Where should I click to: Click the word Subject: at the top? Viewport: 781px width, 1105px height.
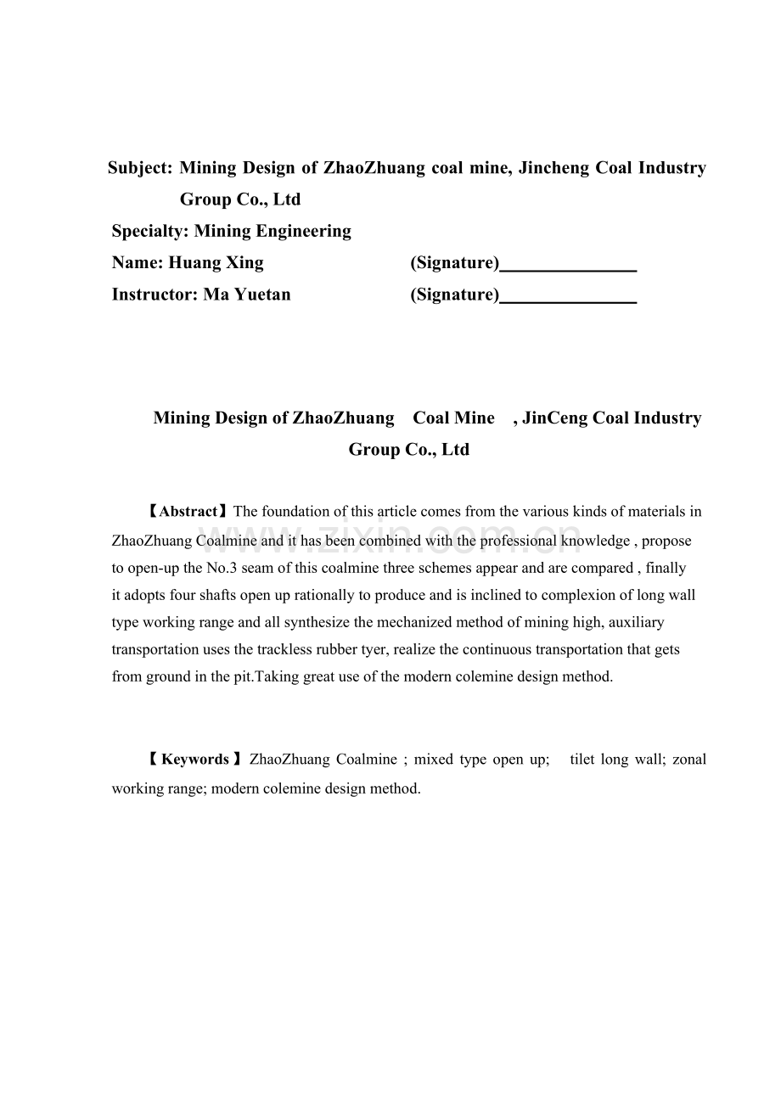[141, 168]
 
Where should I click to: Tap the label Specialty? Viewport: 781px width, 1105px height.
[151, 231]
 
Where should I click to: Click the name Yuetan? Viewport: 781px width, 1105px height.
[262, 294]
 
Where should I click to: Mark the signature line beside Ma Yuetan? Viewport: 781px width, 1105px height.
[568, 300]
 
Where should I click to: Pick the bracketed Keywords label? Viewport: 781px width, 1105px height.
[195, 760]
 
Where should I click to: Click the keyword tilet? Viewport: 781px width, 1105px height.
[582, 760]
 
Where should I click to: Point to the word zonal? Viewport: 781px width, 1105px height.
[689, 760]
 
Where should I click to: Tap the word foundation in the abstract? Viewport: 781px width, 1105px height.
[296, 512]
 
